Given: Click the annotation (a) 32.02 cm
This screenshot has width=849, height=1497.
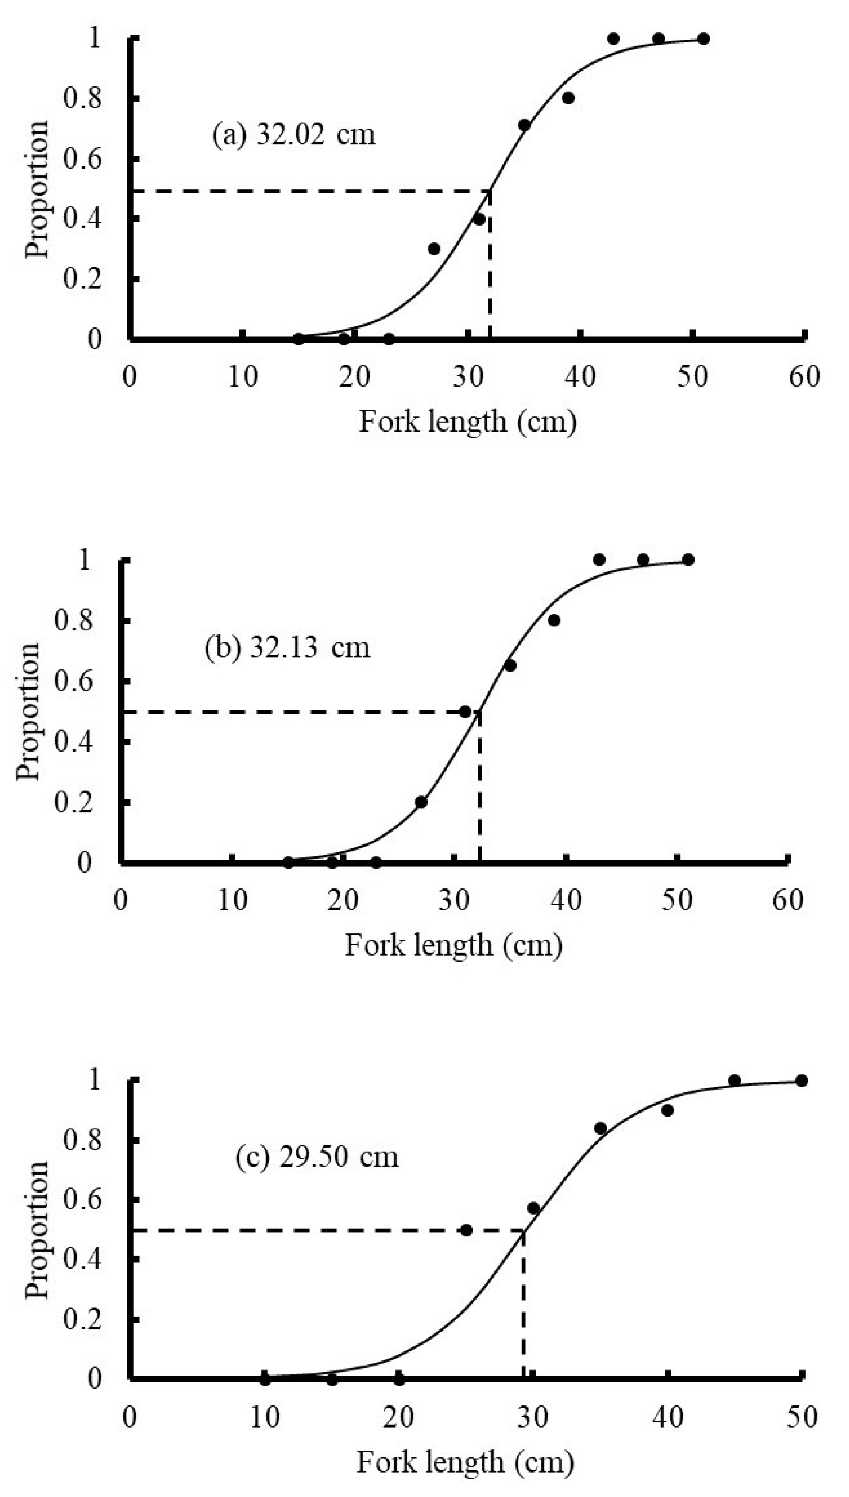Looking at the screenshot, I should coord(293,134).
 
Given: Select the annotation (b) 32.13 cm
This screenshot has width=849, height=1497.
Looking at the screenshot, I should coord(287,647).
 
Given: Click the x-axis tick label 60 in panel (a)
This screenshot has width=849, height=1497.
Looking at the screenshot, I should coord(804,377).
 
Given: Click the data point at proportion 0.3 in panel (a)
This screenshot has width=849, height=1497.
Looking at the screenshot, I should coord(434,249).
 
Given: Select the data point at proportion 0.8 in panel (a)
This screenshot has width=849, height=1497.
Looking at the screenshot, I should coord(568,98).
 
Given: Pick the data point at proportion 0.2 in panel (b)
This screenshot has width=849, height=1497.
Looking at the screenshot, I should coord(421,802).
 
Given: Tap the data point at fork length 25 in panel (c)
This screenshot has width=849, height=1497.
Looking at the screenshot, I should coord(466,1230).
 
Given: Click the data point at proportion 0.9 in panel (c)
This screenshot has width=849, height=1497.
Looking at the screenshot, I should coord(668,1110).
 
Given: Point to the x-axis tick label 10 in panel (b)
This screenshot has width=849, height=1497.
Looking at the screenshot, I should coord(232,901).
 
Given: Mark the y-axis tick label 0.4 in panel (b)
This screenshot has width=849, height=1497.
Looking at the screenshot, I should coord(73,742).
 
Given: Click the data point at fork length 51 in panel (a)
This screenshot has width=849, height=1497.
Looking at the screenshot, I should coord(704,38).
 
